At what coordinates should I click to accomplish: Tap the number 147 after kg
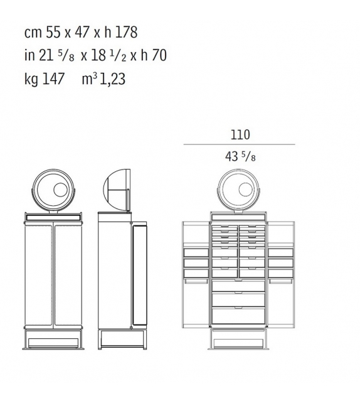point(52,80)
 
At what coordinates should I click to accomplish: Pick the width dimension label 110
point(239,134)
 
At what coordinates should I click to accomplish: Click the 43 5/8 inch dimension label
point(240,157)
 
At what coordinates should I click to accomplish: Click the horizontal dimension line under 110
point(239,145)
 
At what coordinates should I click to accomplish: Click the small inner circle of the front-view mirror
point(60,190)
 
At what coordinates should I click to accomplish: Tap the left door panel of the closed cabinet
point(39,274)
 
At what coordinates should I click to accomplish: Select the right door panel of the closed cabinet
point(68,274)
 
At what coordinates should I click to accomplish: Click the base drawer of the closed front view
point(53,342)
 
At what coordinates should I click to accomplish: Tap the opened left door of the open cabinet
point(195,276)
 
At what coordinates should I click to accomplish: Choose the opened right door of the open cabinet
point(282,276)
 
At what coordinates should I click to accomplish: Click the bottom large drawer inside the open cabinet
point(238,315)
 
